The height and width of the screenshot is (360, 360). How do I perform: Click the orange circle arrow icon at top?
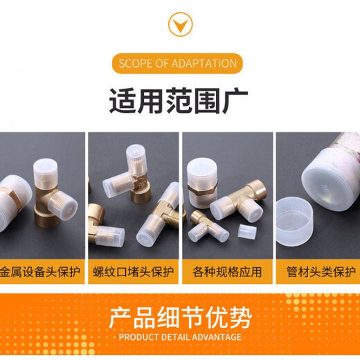180,26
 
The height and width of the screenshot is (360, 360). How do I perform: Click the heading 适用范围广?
179,101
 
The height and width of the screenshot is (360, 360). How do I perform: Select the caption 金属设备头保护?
42,271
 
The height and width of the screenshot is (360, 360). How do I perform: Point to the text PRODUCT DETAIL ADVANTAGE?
179,337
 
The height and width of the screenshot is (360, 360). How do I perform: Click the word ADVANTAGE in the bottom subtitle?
216,337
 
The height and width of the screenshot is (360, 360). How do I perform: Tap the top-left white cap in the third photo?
201,170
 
